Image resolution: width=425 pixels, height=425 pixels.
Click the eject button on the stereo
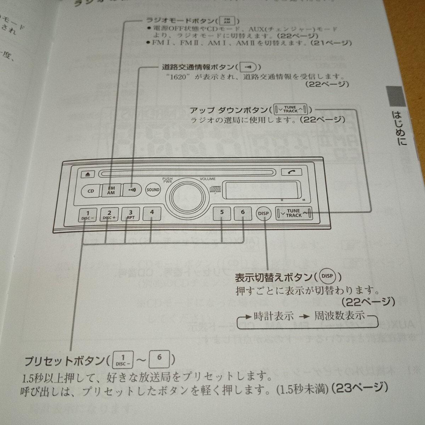(x=87, y=174)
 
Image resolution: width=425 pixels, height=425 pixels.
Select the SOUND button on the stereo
(x=153, y=190)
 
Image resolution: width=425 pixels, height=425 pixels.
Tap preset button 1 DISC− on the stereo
(x=87, y=215)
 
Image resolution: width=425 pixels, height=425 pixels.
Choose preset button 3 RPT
(x=130, y=214)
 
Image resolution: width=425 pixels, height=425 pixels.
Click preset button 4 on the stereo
(x=152, y=213)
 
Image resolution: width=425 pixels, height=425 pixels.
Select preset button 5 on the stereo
(x=222, y=213)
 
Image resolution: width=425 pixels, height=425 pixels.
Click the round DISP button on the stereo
(x=263, y=214)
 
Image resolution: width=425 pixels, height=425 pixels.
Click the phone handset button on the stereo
(x=292, y=172)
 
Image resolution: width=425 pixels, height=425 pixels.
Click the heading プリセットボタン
(x=63, y=361)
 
